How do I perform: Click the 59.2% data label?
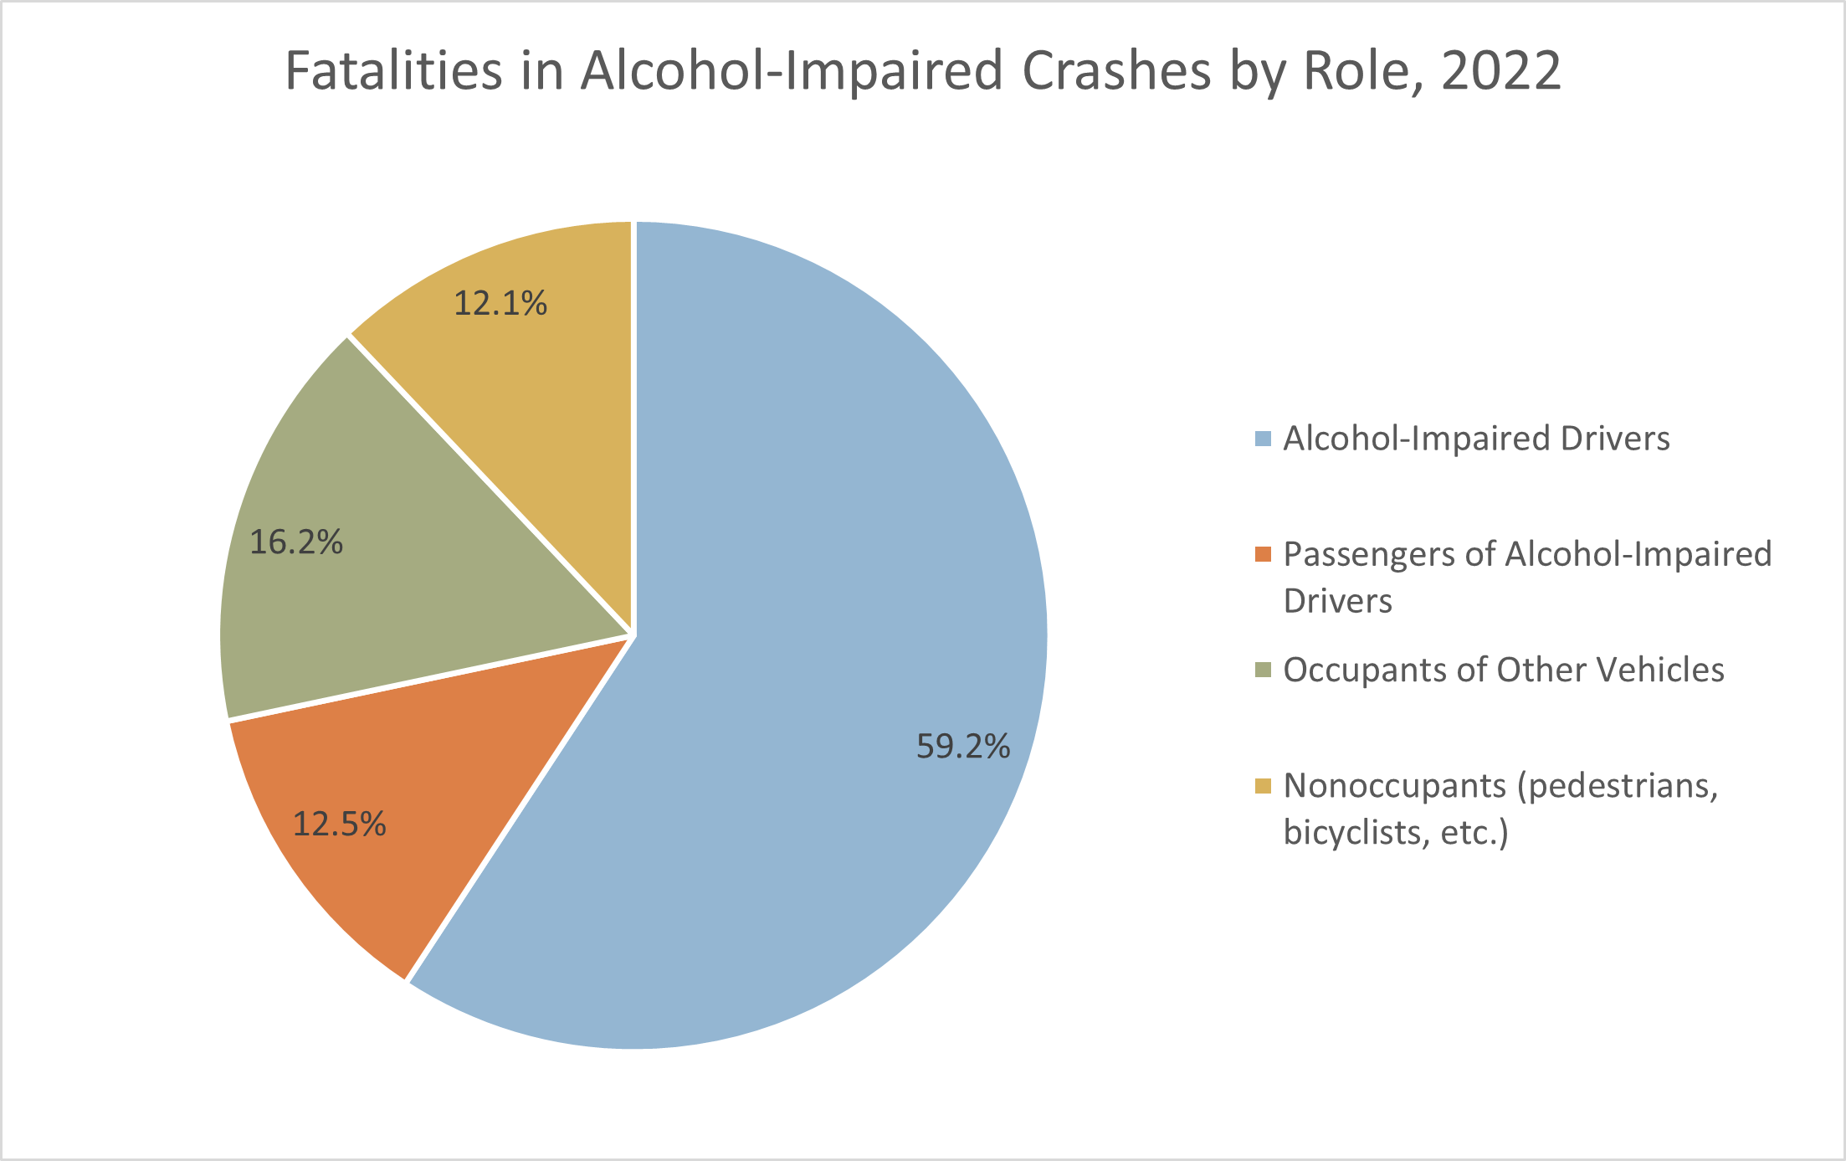[963, 746]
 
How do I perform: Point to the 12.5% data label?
[339, 825]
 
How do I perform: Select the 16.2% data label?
[296, 542]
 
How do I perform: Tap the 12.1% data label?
[500, 303]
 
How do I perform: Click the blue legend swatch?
[1263, 439]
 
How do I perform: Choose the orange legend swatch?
[1263, 554]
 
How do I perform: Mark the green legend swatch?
[1263, 670]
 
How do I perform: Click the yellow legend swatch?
[1263, 785]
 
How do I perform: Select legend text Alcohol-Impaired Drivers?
[1476, 439]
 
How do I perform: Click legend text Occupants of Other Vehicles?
[1504, 670]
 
